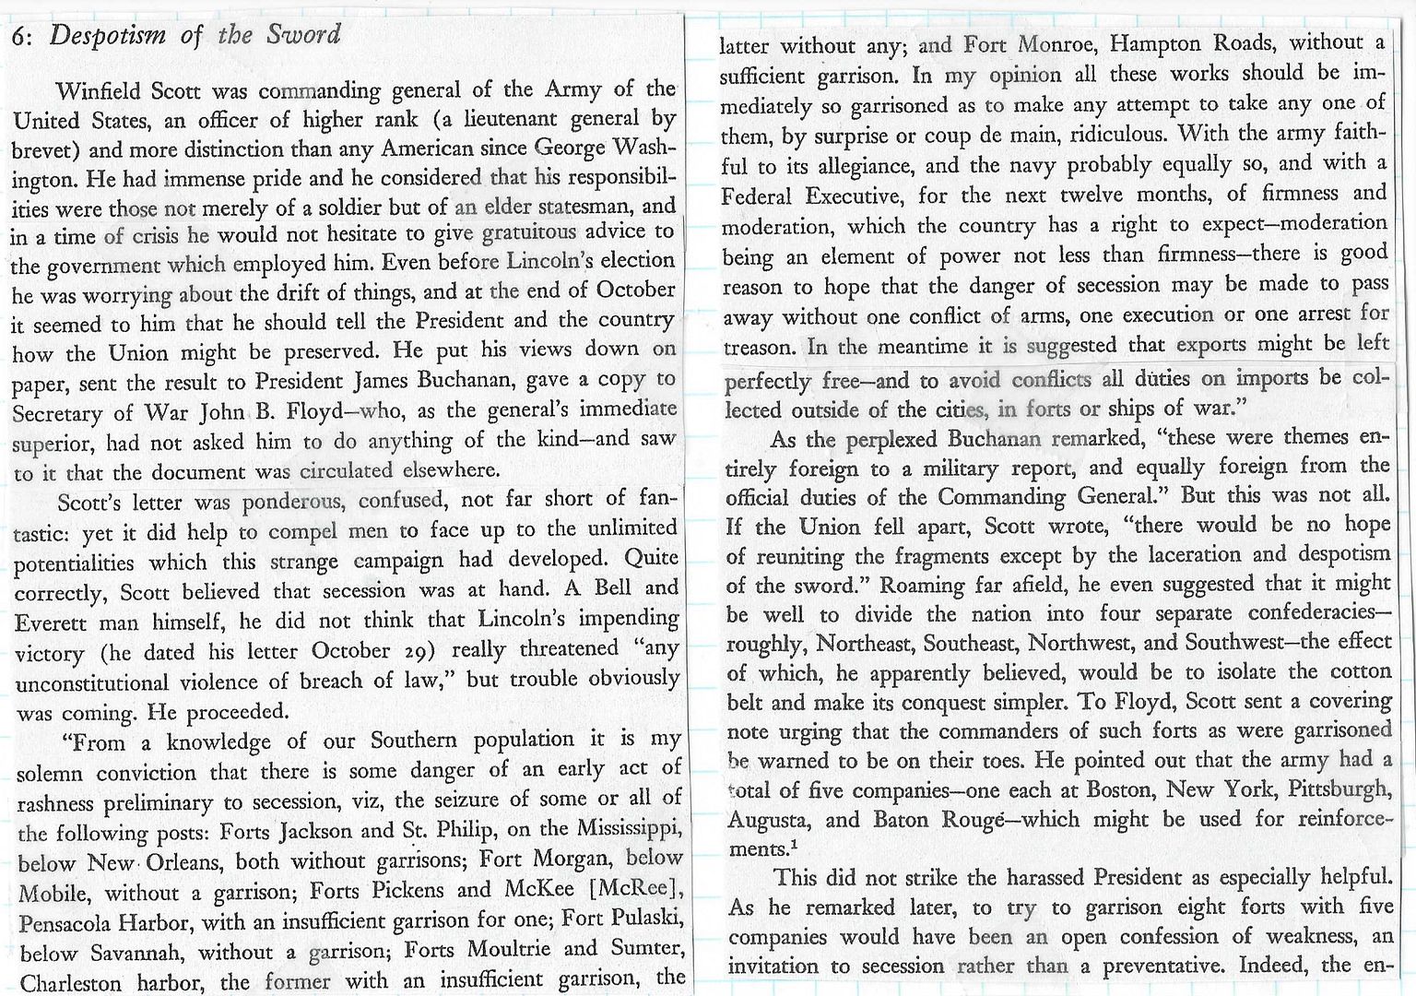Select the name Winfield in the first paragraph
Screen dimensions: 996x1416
99,92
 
